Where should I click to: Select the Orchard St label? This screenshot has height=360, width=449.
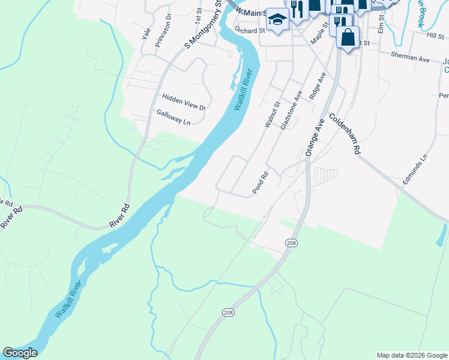click(250, 30)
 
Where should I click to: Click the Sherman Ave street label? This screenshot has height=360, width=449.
click(410, 60)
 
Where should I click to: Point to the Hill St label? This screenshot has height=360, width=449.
click(435, 36)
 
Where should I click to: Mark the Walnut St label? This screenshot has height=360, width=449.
click(273, 115)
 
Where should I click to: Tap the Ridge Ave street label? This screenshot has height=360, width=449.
click(316, 86)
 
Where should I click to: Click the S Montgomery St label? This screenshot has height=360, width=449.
click(204, 25)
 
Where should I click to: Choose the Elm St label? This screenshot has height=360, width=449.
click(381, 23)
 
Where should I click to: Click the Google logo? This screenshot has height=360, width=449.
click(19, 353)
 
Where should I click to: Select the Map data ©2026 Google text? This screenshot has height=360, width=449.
click(411, 355)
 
